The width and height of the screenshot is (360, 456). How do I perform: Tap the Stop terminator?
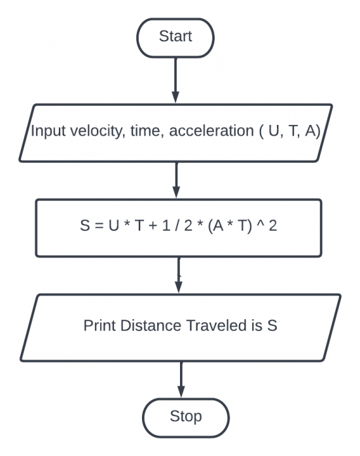tap(186, 416)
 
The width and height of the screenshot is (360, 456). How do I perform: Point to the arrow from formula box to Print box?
tap(179, 275)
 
